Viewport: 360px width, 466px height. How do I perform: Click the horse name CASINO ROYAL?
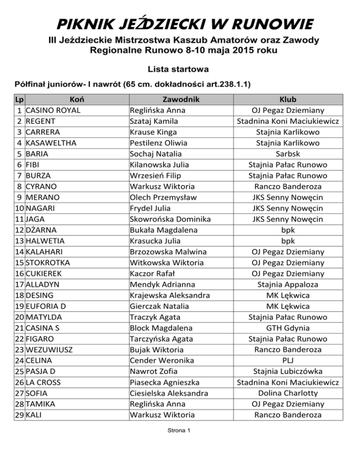pyautogui.click(x=53, y=110)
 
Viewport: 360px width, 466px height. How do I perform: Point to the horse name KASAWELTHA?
pyautogui.click(x=51, y=143)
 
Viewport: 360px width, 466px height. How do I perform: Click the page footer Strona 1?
pyautogui.click(x=180, y=431)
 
